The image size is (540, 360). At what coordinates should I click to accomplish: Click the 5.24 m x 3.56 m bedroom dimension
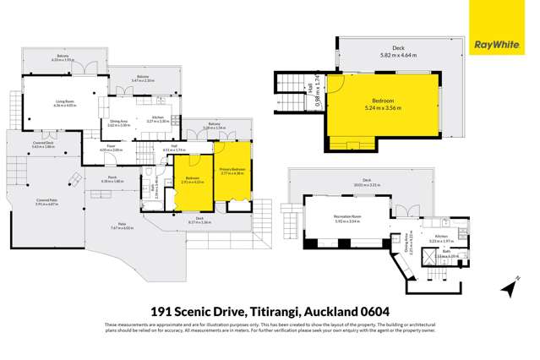tap(383, 107)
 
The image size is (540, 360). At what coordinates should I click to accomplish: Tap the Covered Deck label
tap(44, 145)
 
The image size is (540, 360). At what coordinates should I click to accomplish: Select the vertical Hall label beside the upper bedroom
tap(311, 87)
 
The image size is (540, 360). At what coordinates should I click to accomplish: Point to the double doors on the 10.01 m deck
tap(405, 211)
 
